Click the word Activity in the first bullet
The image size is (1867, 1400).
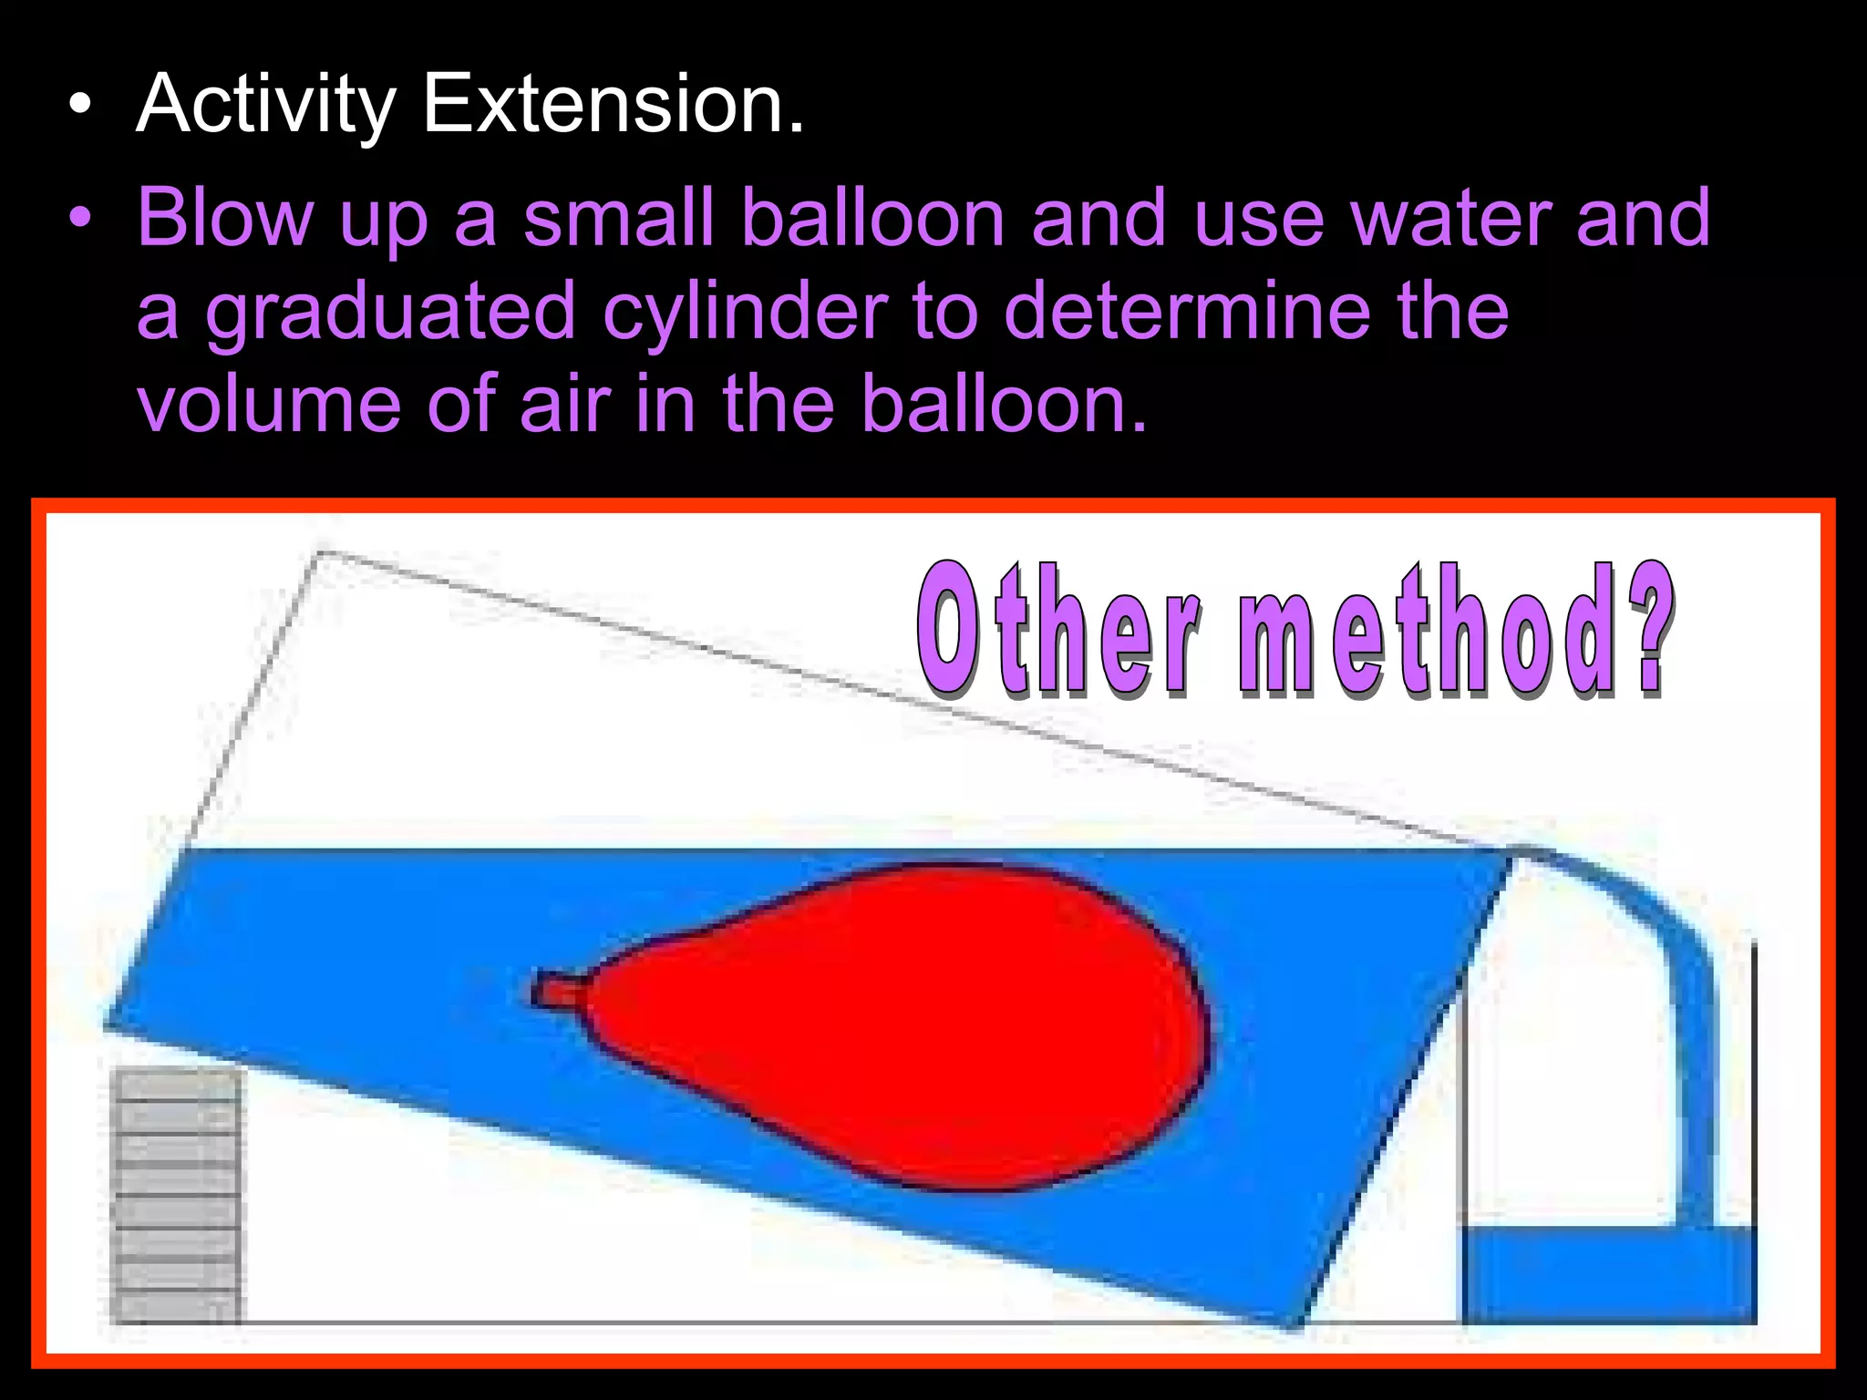[x=265, y=106]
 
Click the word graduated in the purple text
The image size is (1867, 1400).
[x=391, y=314]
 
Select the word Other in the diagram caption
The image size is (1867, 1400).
[x=1057, y=629]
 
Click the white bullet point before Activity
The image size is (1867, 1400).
[x=81, y=106]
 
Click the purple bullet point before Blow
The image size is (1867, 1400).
[x=81, y=219]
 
